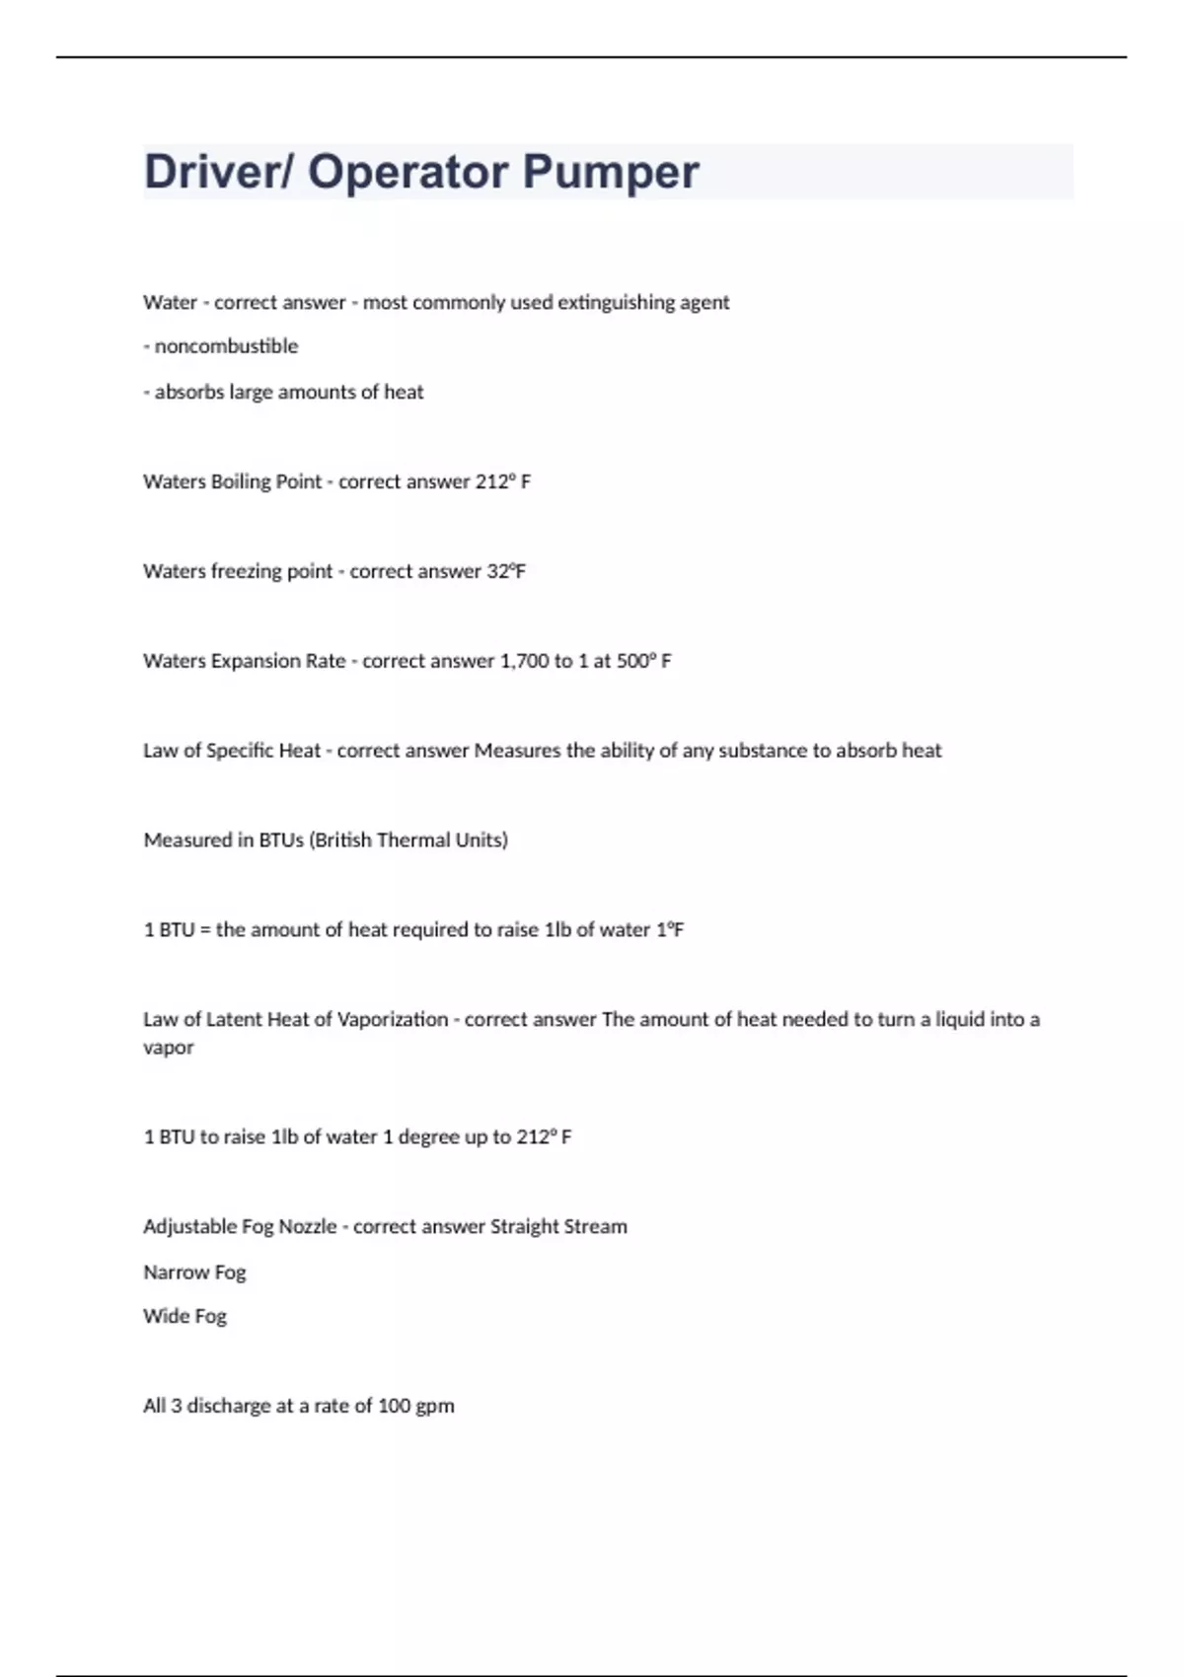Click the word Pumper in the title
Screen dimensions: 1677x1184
611,173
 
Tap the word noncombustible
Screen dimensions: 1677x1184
226,346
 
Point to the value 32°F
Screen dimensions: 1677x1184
506,571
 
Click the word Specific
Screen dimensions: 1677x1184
240,751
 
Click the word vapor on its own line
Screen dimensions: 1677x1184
169,1048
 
